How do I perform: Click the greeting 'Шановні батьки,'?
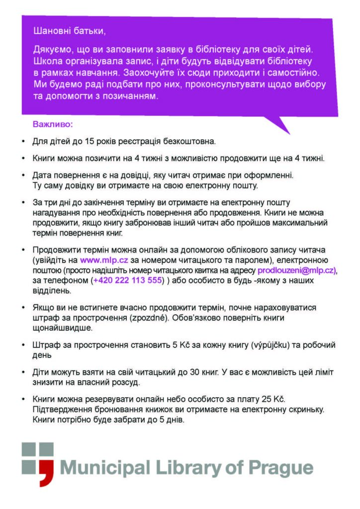[69, 31]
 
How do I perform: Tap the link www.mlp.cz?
[101, 259]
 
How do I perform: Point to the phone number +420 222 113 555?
[128, 280]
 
